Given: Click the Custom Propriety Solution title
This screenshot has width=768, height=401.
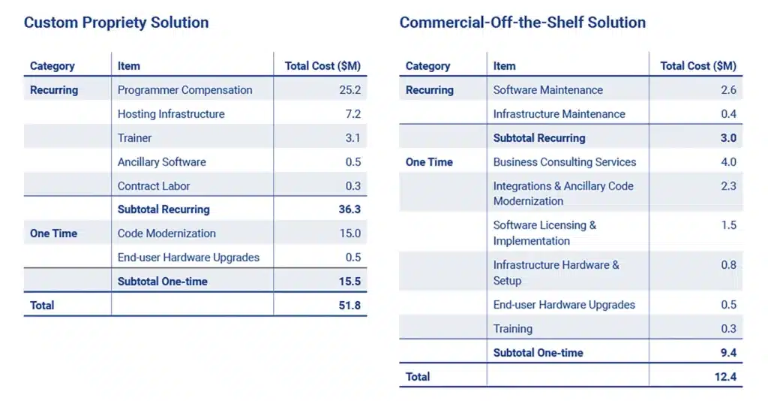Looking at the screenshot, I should [x=116, y=23].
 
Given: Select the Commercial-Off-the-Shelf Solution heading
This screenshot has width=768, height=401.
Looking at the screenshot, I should [x=522, y=23].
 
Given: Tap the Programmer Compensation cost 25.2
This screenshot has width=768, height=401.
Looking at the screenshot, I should [x=349, y=90].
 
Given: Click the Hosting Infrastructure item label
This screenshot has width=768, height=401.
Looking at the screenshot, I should [x=171, y=114].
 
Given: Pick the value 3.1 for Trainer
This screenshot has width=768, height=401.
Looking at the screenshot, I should [x=352, y=138].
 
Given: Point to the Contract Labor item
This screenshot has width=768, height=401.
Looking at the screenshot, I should [x=154, y=186].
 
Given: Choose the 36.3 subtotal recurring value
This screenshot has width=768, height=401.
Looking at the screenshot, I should [x=349, y=210].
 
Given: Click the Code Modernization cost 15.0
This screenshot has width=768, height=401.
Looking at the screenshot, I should [x=349, y=234].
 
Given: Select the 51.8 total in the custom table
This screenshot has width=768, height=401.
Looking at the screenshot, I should [x=349, y=306].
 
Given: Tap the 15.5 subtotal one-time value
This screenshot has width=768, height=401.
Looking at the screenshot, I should [x=349, y=282].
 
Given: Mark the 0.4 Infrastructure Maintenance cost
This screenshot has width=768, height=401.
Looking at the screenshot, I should [x=728, y=114].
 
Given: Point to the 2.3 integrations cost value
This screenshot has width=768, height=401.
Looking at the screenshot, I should [x=728, y=186].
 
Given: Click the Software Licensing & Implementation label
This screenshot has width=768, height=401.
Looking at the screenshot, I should [x=544, y=233].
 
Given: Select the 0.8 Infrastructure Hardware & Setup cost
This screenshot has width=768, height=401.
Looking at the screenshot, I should [x=728, y=265].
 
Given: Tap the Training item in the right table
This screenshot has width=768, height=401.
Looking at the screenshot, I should [x=513, y=329].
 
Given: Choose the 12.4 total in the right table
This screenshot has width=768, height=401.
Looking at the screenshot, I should [x=725, y=376].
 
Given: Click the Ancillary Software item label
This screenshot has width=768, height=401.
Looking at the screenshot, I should [x=161, y=162].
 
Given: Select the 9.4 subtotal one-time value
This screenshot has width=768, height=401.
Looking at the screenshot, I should [x=727, y=353].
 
